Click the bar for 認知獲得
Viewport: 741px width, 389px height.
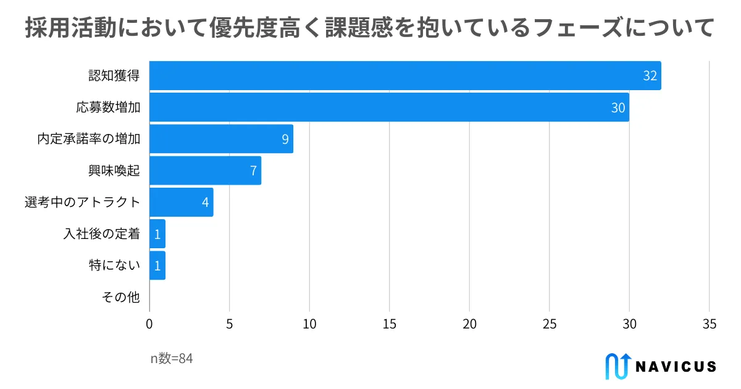[404, 75]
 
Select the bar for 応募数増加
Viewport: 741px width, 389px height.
[389, 107]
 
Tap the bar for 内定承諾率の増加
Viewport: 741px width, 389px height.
[221, 139]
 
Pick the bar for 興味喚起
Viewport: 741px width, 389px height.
[205, 170]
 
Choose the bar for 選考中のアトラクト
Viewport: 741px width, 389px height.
[181, 202]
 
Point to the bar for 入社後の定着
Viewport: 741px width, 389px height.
[157, 233]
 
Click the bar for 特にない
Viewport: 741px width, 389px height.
[157, 266]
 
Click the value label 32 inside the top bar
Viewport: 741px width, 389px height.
[650, 76]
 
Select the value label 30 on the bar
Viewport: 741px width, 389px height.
[617, 107]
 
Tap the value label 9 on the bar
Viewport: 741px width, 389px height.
[285, 139]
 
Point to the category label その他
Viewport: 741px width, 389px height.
[121, 298]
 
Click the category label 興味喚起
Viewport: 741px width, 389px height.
[114, 171]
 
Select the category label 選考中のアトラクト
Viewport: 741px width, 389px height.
[83, 203]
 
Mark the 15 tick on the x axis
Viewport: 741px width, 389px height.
[390, 324]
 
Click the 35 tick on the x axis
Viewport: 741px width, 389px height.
[710, 324]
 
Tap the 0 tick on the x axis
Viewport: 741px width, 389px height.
[149, 324]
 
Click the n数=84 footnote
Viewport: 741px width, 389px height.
[172, 359]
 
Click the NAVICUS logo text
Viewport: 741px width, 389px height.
[676, 366]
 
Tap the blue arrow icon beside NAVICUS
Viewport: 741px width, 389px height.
[618, 366]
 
